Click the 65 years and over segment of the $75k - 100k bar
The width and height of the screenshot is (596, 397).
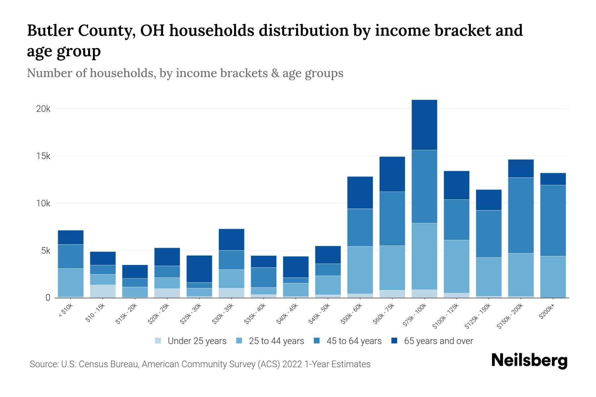[424, 125]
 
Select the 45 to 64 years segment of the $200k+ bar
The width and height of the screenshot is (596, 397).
[553, 220]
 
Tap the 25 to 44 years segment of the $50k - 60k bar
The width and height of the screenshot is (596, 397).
[360, 270]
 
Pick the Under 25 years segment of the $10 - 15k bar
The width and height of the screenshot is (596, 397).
[103, 291]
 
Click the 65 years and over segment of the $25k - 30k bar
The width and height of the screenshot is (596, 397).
[199, 269]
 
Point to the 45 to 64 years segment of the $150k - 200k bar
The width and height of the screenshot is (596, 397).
[521, 215]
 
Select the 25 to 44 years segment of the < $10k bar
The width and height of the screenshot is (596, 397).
[71, 283]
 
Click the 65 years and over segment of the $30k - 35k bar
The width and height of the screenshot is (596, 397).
[231, 240]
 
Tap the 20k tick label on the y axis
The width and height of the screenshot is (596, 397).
[43, 109]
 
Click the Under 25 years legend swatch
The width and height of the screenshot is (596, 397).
[158, 341]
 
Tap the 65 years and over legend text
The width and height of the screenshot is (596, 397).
[438, 341]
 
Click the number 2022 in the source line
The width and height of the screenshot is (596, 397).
[292, 364]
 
